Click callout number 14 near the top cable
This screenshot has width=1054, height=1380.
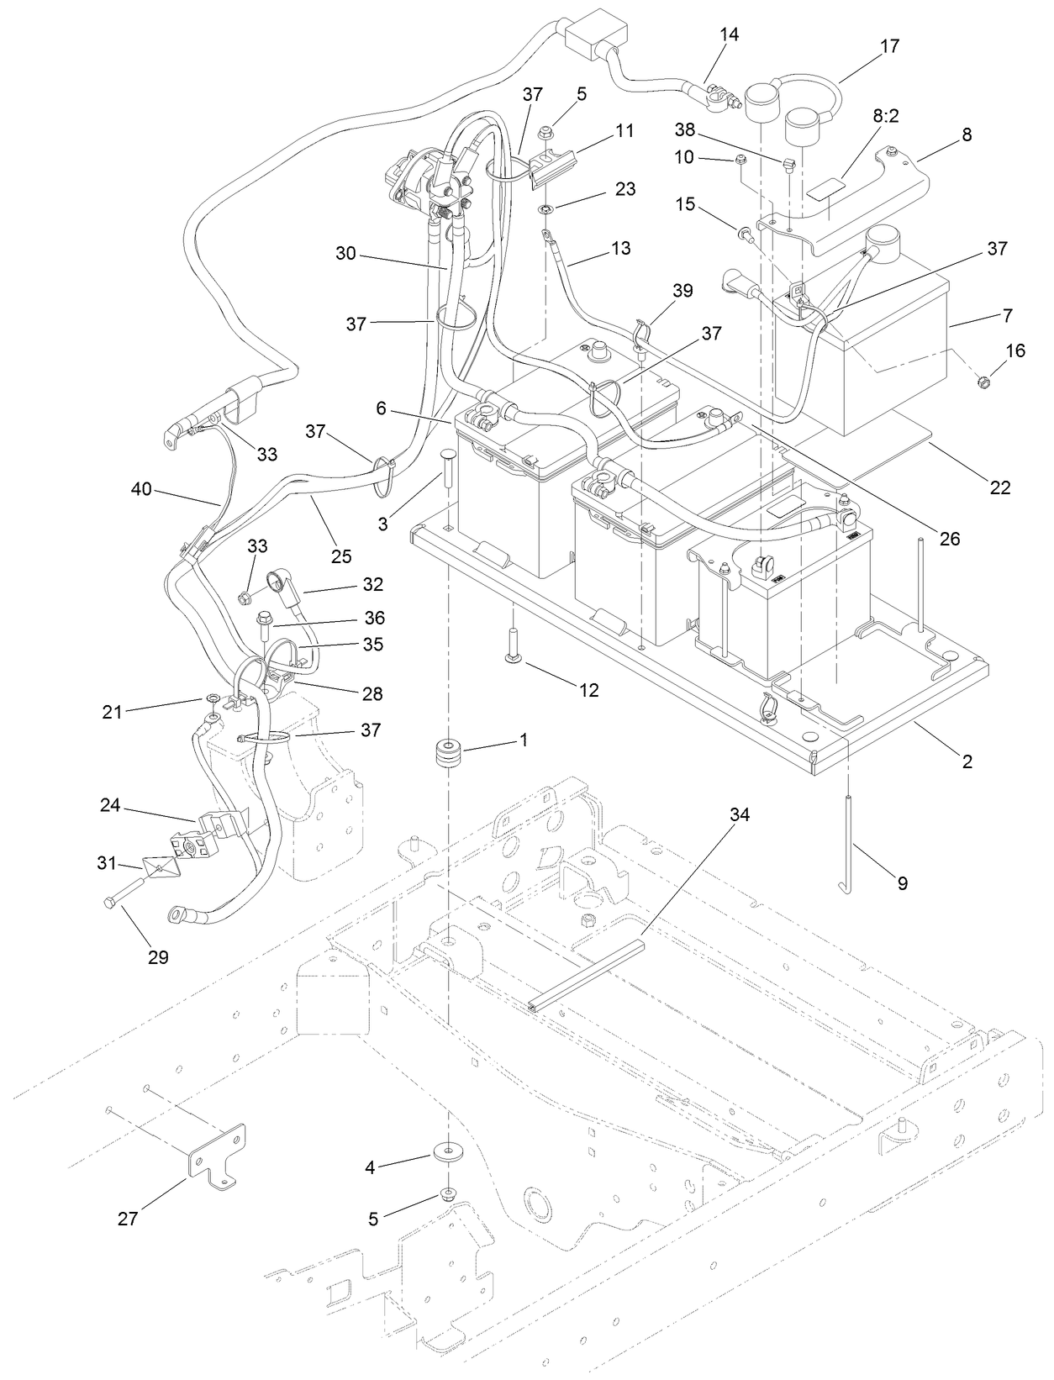729,34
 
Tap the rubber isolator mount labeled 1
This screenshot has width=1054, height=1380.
448,751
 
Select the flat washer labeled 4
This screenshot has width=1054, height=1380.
446,1150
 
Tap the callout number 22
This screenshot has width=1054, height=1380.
999,487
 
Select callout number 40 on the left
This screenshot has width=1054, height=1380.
141,488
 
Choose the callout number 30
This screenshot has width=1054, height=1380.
346,253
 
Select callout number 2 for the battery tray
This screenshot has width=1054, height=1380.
967,761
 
